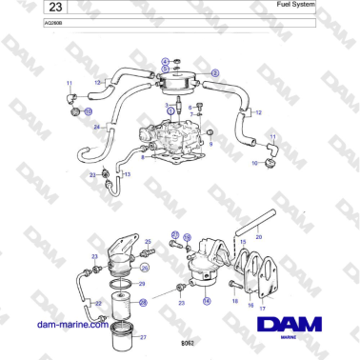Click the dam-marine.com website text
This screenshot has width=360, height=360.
[x=72, y=324]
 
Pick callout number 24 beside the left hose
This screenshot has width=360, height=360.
[x=97, y=126]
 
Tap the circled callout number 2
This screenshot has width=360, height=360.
[x=214, y=73]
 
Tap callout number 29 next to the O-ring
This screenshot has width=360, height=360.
[x=142, y=284]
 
